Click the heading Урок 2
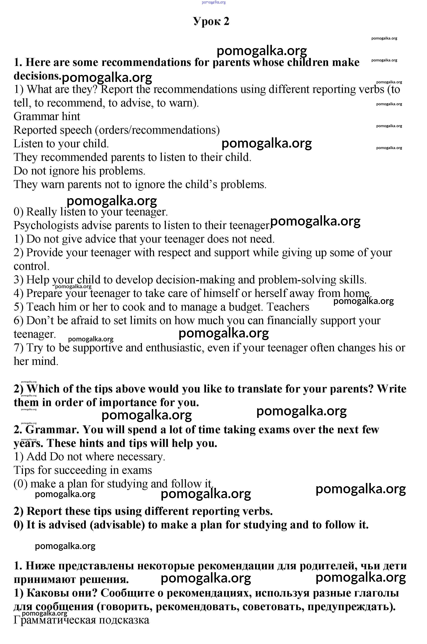coord(211,21)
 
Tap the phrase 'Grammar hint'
coord(47,117)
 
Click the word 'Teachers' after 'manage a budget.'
coord(288,307)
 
